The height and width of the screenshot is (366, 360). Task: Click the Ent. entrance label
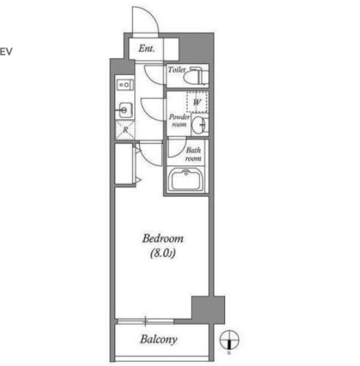[147, 48]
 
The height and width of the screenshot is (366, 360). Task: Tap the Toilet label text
[177, 70]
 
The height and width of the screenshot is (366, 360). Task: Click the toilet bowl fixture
[196, 75]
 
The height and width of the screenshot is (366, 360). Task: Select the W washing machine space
[197, 102]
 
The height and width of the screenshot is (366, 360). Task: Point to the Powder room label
[179, 121]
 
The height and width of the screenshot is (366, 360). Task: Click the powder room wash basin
[199, 125]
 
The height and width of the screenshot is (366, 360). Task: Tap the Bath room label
[194, 154]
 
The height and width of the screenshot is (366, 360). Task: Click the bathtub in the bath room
[186, 180]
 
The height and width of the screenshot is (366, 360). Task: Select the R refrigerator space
[125, 130]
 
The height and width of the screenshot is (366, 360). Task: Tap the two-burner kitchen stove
[125, 85]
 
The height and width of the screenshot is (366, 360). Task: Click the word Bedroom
[163, 239]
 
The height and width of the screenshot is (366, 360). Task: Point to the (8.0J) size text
[163, 254]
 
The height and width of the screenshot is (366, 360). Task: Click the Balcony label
[159, 339]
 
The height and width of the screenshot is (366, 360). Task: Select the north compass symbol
[229, 340]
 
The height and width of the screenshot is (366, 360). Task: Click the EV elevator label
[6, 52]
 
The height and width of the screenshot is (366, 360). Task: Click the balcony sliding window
[145, 321]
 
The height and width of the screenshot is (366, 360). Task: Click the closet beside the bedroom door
[124, 164]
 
